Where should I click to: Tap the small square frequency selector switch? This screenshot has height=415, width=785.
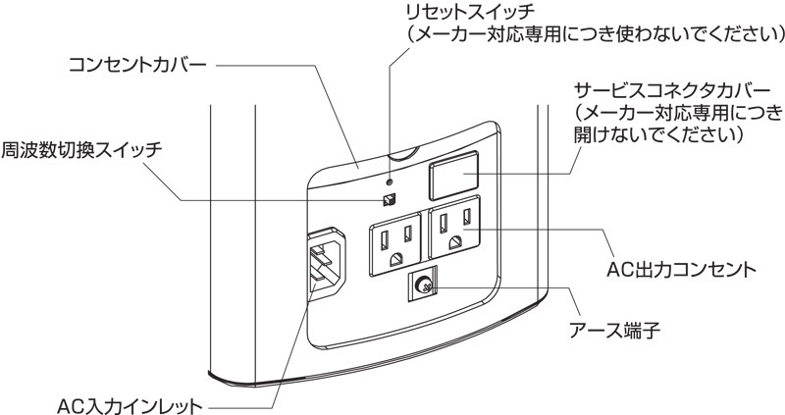390,200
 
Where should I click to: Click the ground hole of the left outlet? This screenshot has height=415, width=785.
394,259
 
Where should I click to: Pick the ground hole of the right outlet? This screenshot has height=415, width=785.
453,243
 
